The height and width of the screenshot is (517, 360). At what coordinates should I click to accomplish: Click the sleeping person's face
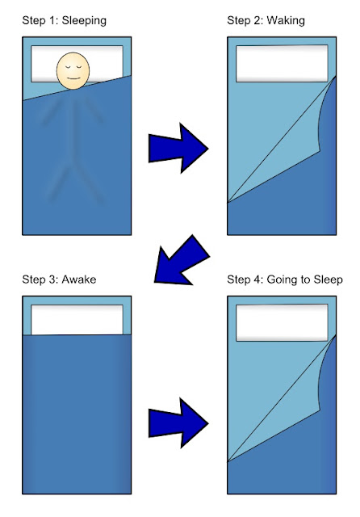(73, 70)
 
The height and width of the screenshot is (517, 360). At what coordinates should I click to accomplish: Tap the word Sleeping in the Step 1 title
(84, 21)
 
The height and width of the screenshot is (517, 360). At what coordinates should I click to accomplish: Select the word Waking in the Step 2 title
(286, 21)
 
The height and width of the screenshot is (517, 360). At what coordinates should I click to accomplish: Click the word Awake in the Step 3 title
(79, 280)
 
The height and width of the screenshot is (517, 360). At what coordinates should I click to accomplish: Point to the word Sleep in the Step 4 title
(328, 280)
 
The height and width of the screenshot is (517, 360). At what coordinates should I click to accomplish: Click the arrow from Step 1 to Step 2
(178, 148)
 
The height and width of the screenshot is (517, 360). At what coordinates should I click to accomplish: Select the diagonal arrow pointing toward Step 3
(182, 260)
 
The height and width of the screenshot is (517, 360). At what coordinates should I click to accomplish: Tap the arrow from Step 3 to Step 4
(178, 423)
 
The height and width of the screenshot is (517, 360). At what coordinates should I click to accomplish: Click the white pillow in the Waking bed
(282, 64)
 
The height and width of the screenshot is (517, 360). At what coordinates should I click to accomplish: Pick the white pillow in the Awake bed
(77, 320)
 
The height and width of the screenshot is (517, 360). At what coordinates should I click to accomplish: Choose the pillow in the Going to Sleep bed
(282, 323)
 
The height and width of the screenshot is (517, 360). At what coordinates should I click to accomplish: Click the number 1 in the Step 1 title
(52, 21)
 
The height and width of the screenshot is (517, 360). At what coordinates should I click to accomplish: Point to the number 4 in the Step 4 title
(258, 280)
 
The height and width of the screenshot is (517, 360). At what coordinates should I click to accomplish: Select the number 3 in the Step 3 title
(53, 280)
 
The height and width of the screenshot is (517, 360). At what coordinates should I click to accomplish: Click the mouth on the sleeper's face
(73, 78)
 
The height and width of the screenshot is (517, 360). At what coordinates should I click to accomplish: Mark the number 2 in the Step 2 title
(258, 21)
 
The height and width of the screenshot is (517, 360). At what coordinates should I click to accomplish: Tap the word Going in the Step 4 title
(281, 280)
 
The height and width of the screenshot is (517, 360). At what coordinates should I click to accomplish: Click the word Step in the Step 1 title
(34, 21)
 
